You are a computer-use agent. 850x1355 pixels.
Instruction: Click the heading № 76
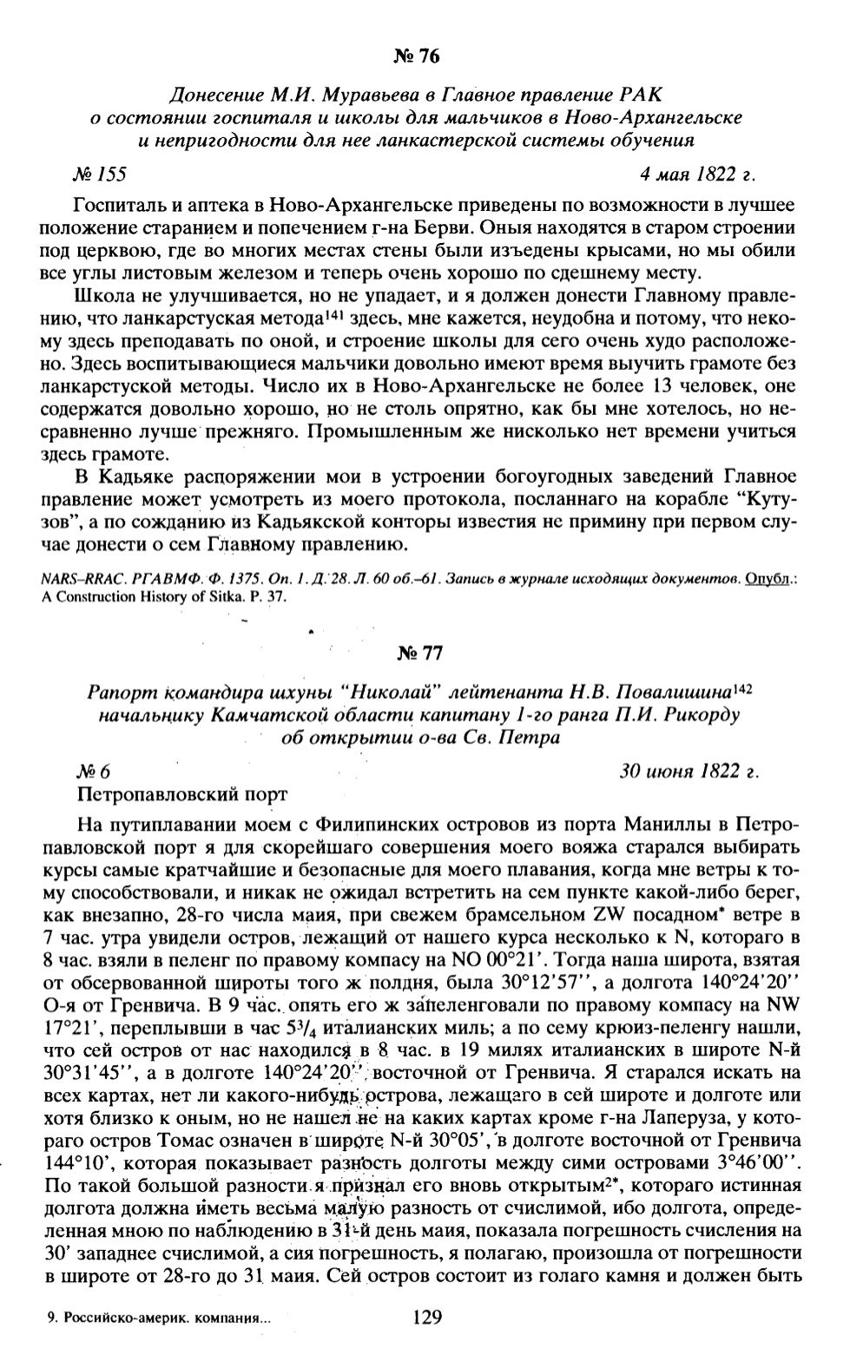(x=417, y=57)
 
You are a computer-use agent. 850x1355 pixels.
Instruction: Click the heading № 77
(x=417, y=654)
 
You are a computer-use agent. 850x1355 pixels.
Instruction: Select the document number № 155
(x=100, y=174)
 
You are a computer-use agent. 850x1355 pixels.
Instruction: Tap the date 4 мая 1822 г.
(x=697, y=174)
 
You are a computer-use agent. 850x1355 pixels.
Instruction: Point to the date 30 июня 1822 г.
(x=689, y=771)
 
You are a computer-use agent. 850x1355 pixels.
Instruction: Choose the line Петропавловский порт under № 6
(x=181, y=793)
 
